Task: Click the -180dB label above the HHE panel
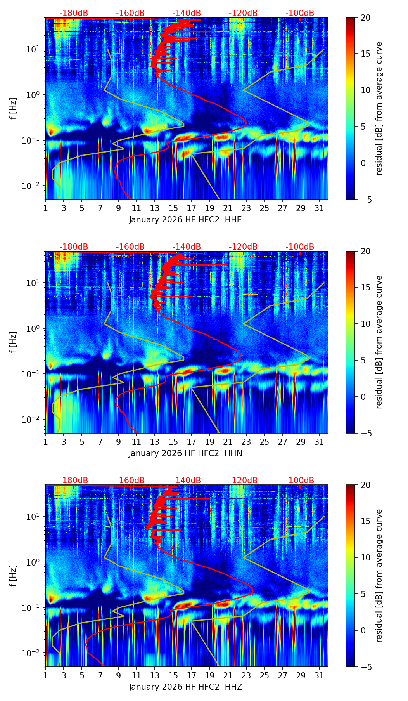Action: coord(74,13)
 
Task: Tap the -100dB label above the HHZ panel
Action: coord(300,481)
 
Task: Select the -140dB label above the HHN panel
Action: coord(187,247)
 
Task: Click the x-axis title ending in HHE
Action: coord(185,220)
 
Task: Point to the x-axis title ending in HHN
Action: coord(185,453)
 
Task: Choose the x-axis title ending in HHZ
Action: coord(185,687)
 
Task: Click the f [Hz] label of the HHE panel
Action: coord(13,109)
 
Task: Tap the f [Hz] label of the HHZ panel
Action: coord(13,576)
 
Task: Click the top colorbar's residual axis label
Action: coord(379,109)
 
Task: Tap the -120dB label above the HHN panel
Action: coord(243,247)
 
